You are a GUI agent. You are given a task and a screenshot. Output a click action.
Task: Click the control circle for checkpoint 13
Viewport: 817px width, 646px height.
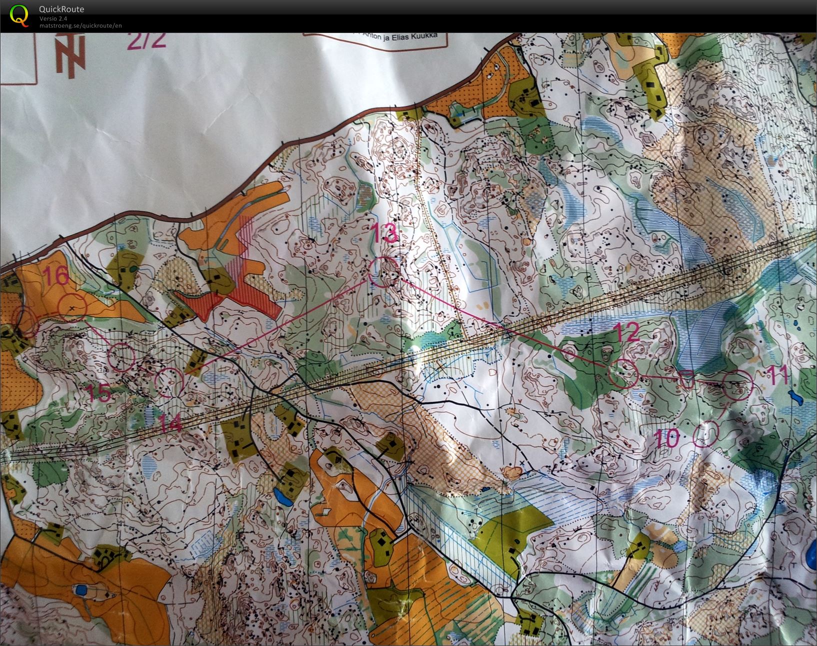pyautogui.click(x=384, y=272)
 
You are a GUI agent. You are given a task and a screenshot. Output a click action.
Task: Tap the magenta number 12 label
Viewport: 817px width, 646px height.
pyautogui.click(x=625, y=332)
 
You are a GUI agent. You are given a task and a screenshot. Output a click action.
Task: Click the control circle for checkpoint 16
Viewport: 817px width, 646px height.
pyautogui.click(x=73, y=308)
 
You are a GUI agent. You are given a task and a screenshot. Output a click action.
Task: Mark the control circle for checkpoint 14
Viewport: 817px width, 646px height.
pyautogui.click(x=169, y=382)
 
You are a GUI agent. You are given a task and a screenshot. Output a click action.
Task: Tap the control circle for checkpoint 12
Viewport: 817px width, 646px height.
pyautogui.click(x=623, y=373)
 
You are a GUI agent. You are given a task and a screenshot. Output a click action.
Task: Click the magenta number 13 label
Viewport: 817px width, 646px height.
pyautogui.click(x=385, y=234)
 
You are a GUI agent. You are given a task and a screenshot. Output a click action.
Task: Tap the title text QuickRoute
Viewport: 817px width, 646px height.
pyautogui.click(x=61, y=9)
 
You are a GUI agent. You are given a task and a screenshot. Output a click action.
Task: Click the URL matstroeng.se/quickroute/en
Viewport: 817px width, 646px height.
pyautogui.click(x=80, y=26)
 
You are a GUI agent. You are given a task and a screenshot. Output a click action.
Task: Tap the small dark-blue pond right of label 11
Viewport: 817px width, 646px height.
pyautogui.click(x=795, y=398)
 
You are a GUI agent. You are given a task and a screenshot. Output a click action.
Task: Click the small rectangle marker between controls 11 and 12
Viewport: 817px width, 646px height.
pyautogui.click(x=687, y=380)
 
